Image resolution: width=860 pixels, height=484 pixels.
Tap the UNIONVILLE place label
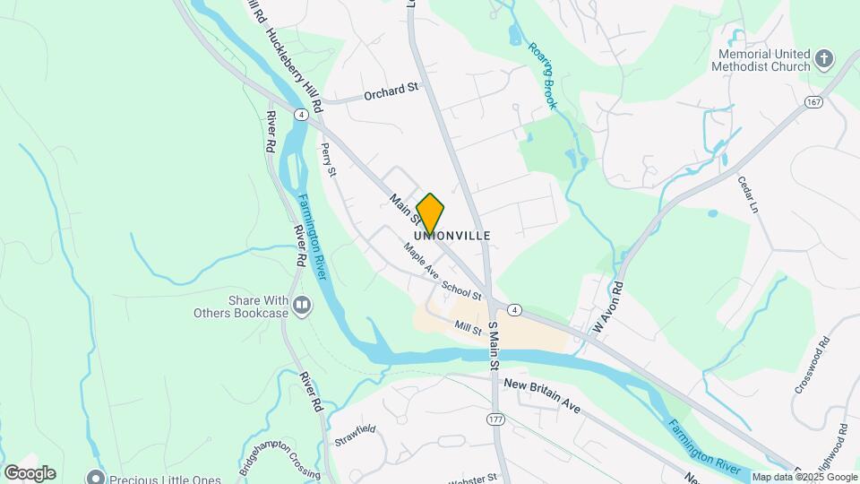click(x=452, y=236)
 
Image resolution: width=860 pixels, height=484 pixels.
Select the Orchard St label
click(x=391, y=91)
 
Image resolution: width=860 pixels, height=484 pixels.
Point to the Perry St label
click(x=328, y=160)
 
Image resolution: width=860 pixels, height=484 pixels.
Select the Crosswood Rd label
click(x=812, y=366)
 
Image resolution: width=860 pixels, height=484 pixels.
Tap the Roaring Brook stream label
click(x=542, y=76)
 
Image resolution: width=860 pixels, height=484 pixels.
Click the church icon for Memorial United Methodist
click(x=824, y=60)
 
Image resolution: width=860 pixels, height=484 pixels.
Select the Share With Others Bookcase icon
click(x=302, y=307)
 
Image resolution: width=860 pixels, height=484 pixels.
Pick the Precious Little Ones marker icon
click(x=95, y=478)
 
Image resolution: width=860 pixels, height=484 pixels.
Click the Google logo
click(x=30, y=473)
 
